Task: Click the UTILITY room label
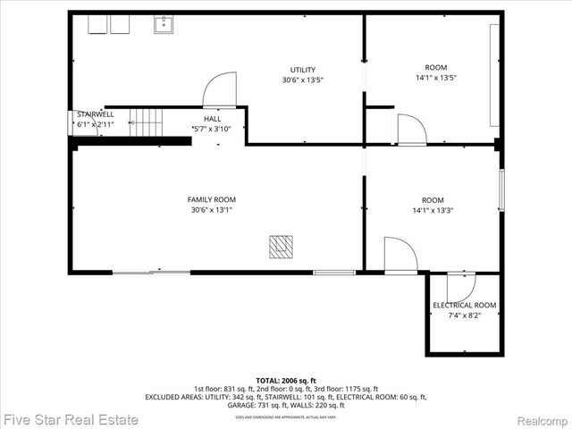302,70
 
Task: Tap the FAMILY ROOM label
212,199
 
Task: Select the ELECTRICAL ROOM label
464,306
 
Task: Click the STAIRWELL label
95,115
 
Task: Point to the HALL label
212,119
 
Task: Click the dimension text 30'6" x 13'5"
302,80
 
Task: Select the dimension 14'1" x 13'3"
433,211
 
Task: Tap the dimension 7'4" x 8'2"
464,315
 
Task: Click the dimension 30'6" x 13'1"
212,210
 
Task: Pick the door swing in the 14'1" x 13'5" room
411,130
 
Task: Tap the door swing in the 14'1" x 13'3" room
400,256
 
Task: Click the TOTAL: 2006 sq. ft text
286,380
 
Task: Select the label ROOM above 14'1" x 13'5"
435,67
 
